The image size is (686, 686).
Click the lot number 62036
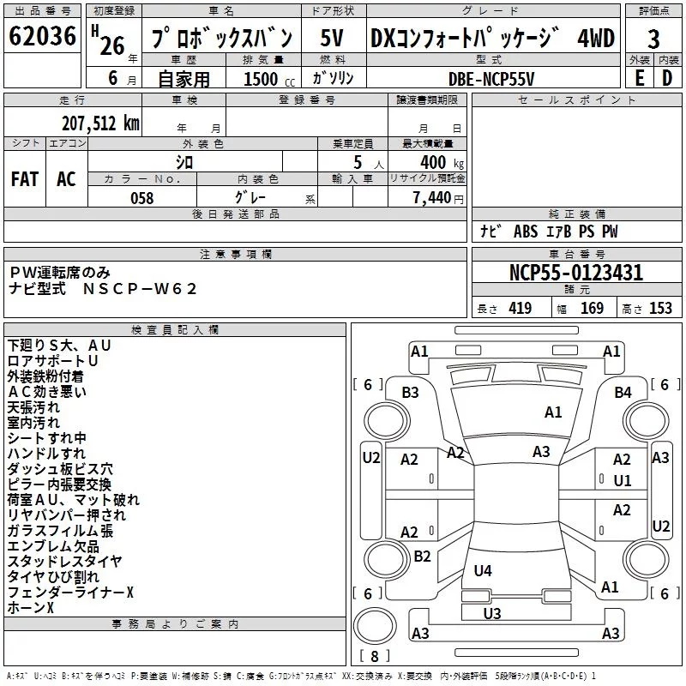pos(42,36)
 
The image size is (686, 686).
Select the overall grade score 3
pos(653,39)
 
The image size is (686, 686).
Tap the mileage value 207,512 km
pos(100,123)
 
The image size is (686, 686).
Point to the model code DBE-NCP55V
pos(491,79)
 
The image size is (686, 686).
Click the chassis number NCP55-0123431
pos(576,273)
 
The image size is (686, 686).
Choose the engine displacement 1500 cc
pos(269,79)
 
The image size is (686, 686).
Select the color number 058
pos(142,198)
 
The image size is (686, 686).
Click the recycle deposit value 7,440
pos(432,198)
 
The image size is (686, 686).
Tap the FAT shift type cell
pos(25,179)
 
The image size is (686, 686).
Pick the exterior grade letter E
pos(639,78)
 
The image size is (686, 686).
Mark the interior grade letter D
pos(667,78)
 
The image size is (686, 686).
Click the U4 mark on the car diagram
pos(483,570)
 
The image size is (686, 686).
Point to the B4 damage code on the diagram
pos(623,393)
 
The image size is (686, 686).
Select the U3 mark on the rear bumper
pos(491,613)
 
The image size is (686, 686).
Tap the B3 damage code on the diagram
pos(410,393)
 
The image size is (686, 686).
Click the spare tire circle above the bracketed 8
pos(375,625)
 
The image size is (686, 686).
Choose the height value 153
pos(660,309)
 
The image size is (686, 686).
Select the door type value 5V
pos(332,38)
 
